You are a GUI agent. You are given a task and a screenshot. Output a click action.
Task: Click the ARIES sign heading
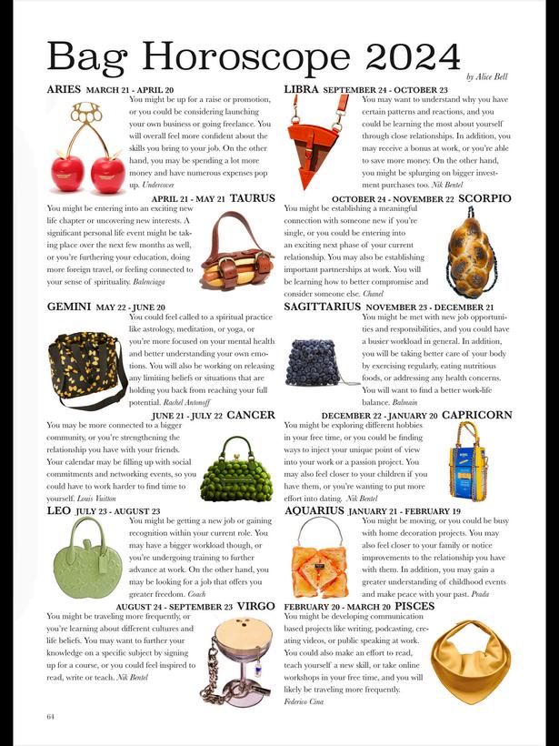[x=64, y=90]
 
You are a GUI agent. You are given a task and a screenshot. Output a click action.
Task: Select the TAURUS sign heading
[x=253, y=197]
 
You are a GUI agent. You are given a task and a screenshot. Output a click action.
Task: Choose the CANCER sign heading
[x=251, y=415]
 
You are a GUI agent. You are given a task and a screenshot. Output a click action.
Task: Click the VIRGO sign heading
[x=256, y=606]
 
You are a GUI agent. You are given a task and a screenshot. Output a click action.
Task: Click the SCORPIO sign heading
[x=485, y=198]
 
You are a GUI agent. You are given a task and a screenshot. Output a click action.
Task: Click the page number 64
[x=52, y=717]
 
